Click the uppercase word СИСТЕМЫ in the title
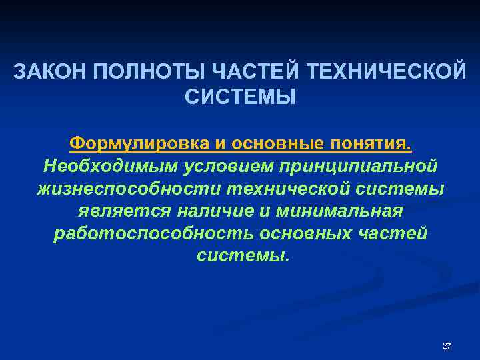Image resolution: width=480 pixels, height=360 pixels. pos(239,97)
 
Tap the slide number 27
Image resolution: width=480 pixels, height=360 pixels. pos(447,346)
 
